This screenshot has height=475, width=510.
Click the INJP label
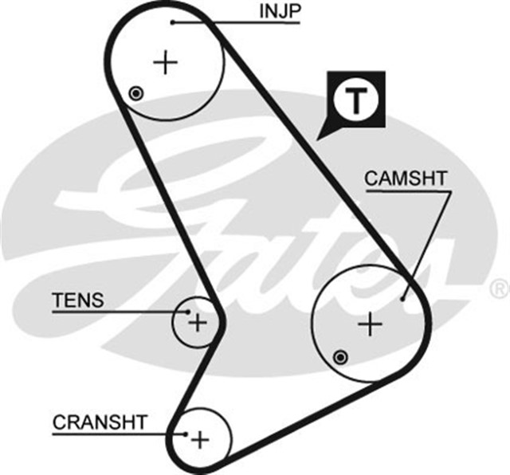277,12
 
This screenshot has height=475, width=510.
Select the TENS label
77,300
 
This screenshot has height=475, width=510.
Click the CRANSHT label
100,422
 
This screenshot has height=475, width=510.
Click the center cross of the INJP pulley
166,62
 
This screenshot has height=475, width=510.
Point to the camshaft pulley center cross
371,324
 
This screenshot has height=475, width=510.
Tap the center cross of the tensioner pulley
197,323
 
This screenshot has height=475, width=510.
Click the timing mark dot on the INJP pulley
136,94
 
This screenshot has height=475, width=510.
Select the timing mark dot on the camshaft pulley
341,355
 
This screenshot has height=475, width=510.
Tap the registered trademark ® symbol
498,285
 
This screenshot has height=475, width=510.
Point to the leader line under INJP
239,23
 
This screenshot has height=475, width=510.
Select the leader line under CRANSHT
120,434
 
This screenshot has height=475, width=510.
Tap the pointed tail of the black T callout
323,135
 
